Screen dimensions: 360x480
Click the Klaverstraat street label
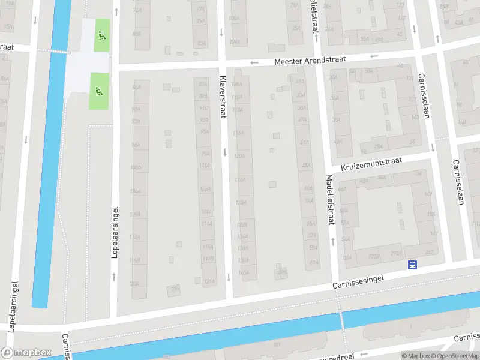click(x=223, y=97)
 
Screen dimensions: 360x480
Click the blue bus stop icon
click(x=412, y=265)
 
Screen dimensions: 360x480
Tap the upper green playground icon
click(x=100, y=35)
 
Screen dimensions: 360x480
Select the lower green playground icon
click(x=100, y=91)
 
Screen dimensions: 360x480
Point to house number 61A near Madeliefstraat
click(x=313, y=262)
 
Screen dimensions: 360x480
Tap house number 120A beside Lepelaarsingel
click(x=135, y=283)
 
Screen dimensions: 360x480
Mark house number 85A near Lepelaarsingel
click(x=136, y=88)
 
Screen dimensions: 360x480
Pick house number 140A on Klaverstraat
click(x=243, y=272)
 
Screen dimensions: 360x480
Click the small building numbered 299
click(x=176, y=289)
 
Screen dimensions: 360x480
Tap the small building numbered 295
click(x=282, y=273)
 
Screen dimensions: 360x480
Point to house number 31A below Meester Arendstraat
click(x=300, y=82)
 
